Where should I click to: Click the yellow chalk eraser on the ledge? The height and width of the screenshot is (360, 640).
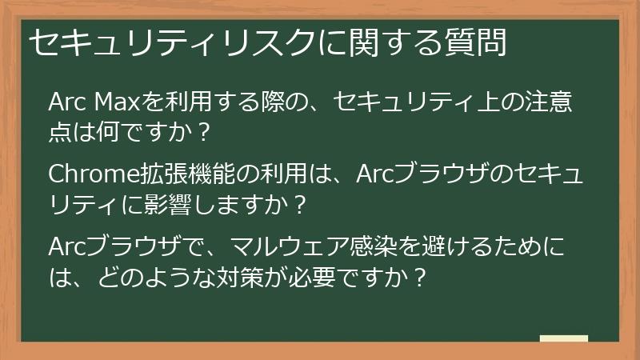coord(563,338)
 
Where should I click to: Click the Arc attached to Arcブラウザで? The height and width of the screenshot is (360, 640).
coord(66,243)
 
